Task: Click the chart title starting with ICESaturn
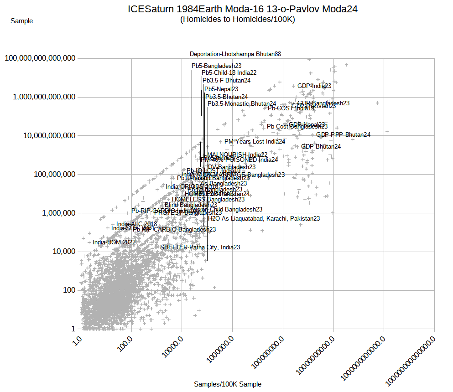(x=242, y=9)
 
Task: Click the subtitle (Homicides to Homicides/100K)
(x=237, y=20)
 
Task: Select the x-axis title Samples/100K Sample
(x=228, y=384)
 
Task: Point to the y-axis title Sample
(x=21, y=21)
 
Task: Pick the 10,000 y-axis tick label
(x=63, y=252)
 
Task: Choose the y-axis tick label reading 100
(x=69, y=290)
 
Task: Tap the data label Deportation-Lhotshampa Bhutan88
(x=235, y=54)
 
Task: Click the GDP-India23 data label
(x=314, y=86)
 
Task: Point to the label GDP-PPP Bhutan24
(x=343, y=134)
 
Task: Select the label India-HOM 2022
(x=114, y=242)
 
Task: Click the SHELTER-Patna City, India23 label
(x=200, y=248)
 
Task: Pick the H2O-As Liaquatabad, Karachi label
(x=264, y=219)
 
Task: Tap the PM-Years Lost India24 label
(x=255, y=142)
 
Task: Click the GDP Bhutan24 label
(x=321, y=147)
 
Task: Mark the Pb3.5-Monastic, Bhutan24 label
(x=242, y=104)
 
